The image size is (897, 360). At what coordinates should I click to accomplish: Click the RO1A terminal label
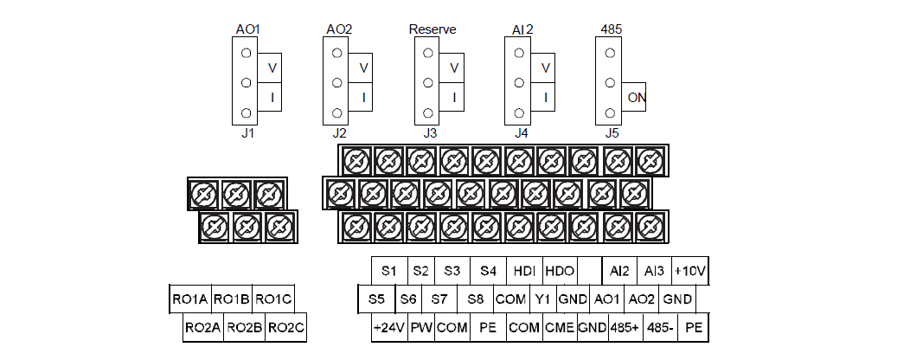(190, 299)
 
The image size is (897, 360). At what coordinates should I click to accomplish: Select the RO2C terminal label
(286, 328)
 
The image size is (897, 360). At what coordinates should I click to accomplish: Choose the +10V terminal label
(691, 271)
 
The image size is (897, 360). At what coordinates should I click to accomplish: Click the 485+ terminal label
(625, 328)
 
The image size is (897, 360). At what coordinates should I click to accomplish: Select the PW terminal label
(420, 328)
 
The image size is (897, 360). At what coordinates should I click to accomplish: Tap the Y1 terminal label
(542, 299)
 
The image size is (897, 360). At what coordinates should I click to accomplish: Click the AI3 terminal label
(654, 271)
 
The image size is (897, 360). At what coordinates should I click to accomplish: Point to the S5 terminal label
(375, 299)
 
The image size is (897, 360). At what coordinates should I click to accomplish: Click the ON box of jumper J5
(637, 99)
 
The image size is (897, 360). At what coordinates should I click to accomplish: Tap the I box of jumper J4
(545, 98)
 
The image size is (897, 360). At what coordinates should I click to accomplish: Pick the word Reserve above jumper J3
(432, 29)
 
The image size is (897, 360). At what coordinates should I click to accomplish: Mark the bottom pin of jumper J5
(611, 113)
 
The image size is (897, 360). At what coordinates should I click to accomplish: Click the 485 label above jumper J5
(611, 29)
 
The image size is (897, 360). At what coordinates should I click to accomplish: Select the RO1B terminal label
(231, 299)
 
